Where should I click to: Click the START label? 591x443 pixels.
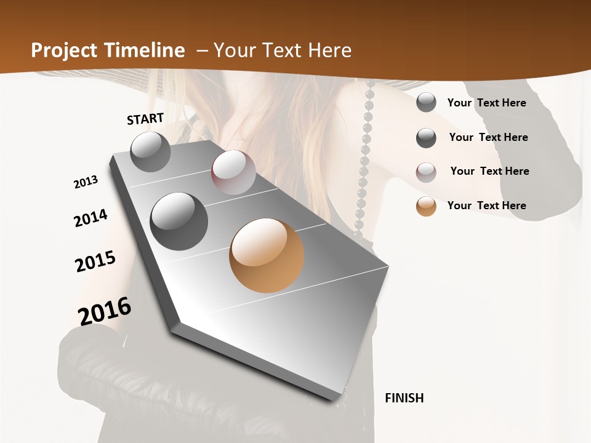[x=145, y=119]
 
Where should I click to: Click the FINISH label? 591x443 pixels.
[x=404, y=398]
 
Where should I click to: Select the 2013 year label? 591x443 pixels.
[x=86, y=182]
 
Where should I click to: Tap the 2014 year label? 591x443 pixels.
[x=90, y=218]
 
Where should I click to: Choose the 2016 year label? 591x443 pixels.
[x=105, y=311]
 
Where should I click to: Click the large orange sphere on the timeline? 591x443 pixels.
[x=267, y=255]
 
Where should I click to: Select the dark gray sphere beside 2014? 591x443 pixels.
[x=179, y=221]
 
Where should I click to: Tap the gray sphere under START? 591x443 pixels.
[x=151, y=151]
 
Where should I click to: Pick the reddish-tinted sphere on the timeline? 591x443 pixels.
[x=233, y=172]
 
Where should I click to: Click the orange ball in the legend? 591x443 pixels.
[x=426, y=206]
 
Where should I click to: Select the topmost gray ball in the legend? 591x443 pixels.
[x=426, y=103]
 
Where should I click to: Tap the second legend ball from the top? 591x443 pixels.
[x=426, y=138]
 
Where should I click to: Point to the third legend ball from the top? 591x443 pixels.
[x=426, y=172]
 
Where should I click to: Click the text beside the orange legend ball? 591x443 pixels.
[x=486, y=206]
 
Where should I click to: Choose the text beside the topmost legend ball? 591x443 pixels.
[x=486, y=103]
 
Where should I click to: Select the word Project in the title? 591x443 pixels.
[x=64, y=50]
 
